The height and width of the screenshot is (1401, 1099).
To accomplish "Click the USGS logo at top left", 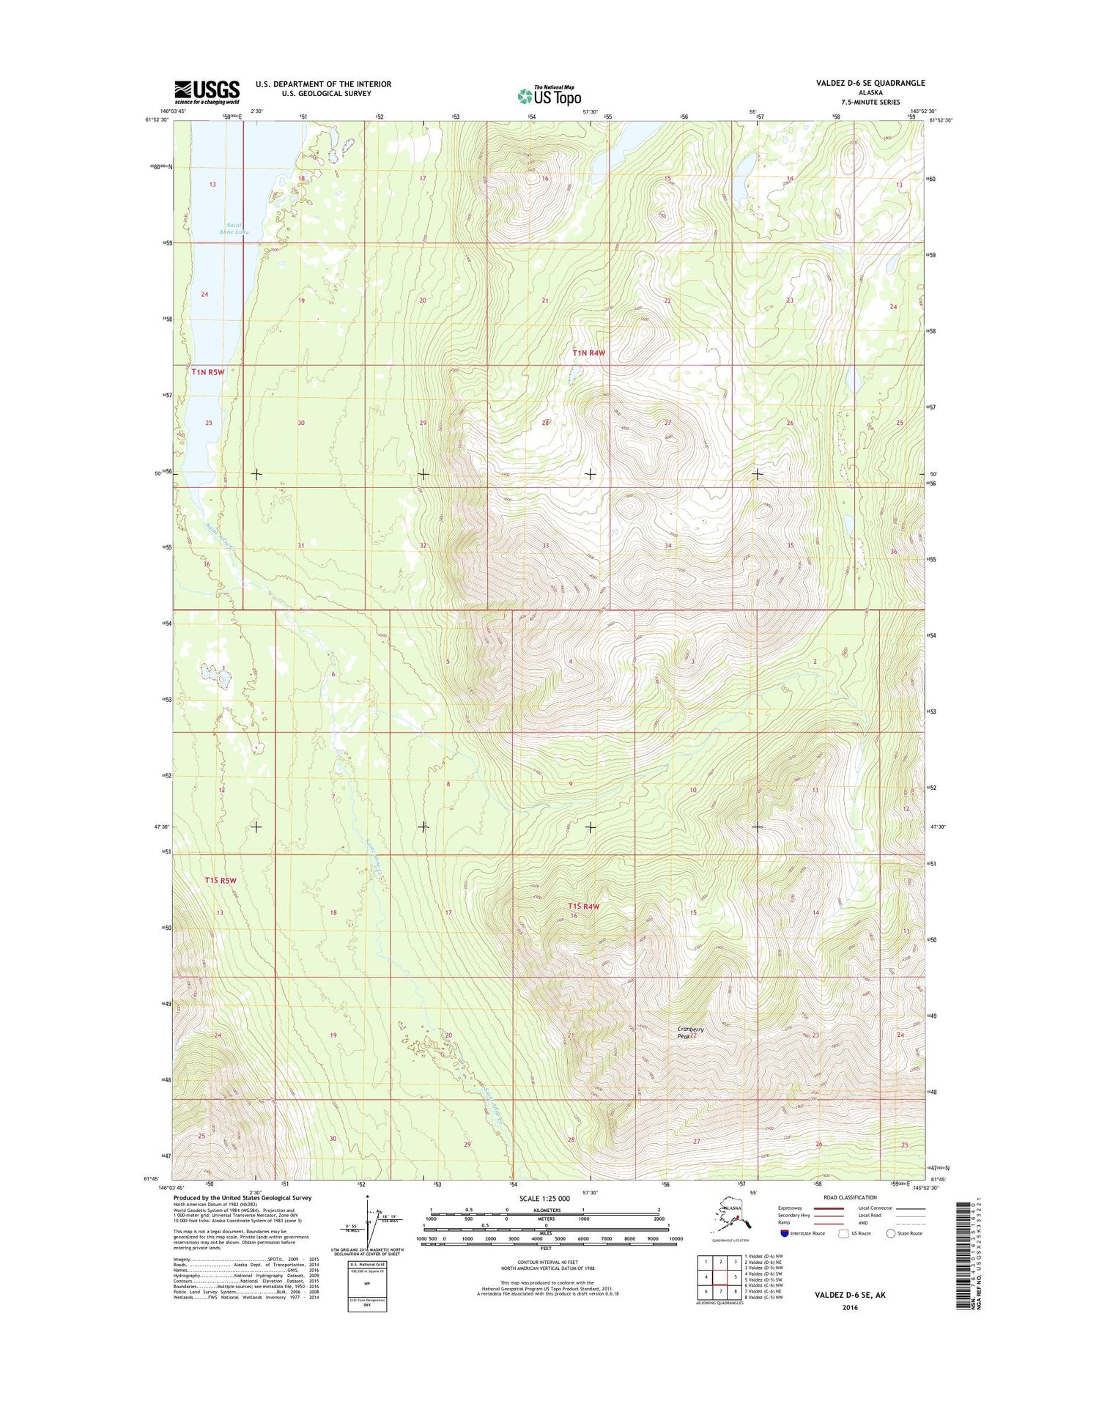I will point(207,92).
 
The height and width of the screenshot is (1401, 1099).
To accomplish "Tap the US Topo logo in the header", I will point(549,96).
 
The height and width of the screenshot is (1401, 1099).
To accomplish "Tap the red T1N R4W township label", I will point(589,354).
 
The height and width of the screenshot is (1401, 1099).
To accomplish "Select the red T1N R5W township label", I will point(207,372).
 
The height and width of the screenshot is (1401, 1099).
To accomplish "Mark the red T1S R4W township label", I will point(582,906).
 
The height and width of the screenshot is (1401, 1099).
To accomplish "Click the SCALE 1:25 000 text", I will point(544,1198).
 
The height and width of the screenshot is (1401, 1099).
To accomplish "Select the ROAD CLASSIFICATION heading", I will point(849,1197).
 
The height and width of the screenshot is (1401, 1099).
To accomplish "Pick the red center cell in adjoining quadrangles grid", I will point(721,1276).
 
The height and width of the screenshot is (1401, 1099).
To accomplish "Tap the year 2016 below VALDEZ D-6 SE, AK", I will point(850,1307).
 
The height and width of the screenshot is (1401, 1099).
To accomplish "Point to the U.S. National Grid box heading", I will point(367,1265).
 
